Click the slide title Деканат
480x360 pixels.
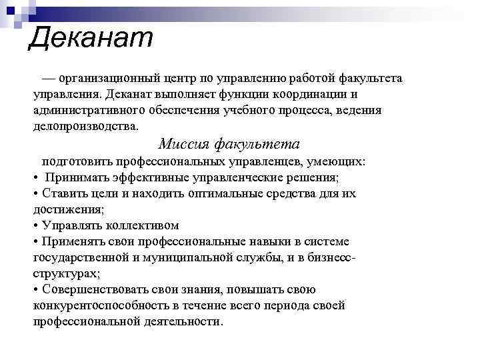tap(91, 37)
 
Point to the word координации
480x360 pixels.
tap(315, 94)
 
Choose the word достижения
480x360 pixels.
tap(66, 209)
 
